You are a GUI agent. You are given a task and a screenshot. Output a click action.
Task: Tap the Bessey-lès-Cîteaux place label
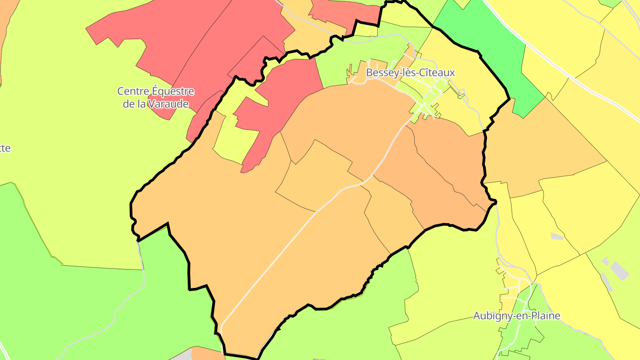click(410, 72)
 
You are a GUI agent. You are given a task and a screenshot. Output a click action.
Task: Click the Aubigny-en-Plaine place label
click(516, 316)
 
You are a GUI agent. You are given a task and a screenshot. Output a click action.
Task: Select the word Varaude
click(168, 104)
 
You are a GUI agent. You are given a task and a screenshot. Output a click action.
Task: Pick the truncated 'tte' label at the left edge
click(4, 148)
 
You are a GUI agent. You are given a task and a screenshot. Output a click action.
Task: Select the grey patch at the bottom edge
click(182, 356)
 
